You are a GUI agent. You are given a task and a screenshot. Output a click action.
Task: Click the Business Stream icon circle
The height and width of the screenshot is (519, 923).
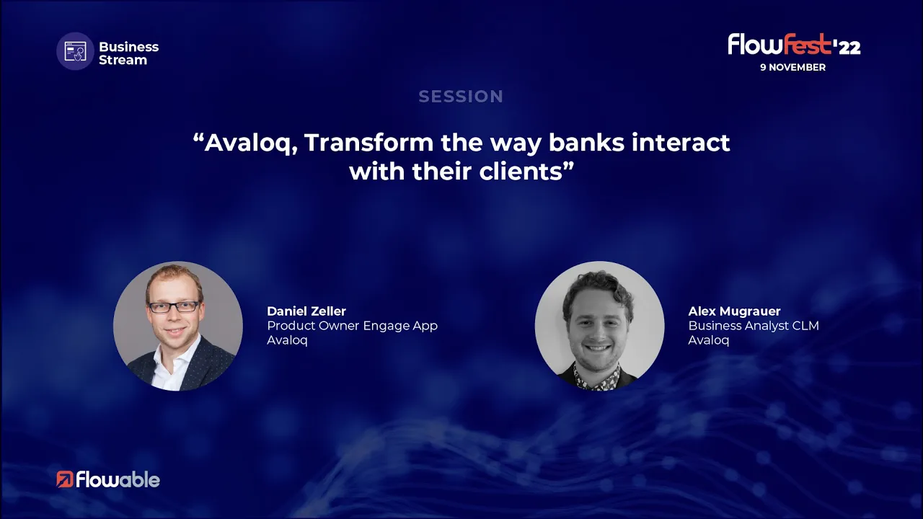76,51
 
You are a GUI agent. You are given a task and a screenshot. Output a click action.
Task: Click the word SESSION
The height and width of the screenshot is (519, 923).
461,97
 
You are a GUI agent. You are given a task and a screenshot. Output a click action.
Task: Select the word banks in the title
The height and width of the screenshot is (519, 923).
586,142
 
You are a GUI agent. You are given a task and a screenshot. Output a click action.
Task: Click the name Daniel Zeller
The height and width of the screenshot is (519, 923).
306,311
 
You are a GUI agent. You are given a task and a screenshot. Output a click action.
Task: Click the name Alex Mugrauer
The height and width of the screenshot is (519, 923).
734,311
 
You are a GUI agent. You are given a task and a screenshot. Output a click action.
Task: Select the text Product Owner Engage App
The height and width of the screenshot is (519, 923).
353,326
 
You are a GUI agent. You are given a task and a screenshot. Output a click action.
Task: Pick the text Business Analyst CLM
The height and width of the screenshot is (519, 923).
754,326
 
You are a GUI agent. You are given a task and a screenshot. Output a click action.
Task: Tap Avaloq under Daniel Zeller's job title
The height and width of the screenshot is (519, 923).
287,340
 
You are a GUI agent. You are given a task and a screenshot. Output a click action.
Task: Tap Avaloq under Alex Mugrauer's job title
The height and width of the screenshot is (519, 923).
709,340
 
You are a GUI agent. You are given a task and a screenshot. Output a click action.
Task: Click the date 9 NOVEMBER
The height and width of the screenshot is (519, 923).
792,67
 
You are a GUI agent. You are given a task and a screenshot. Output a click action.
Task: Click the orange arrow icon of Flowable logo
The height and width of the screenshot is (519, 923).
65,479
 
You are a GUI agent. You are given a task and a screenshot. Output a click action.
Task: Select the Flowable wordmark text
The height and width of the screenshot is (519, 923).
118,480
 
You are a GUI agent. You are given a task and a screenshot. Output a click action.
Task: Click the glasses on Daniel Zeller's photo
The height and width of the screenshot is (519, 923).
174,307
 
